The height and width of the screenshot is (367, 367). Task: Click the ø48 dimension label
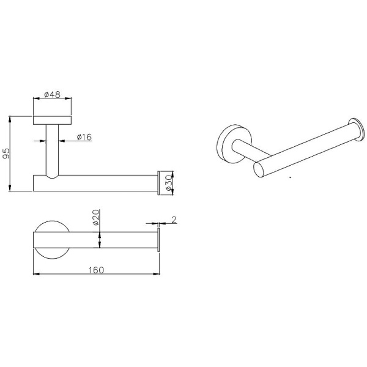pos(52,94)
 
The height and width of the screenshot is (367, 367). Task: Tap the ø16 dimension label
pos(84,137)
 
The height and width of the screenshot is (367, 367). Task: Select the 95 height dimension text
pos(6,154)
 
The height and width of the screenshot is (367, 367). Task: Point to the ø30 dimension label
pos(169,183)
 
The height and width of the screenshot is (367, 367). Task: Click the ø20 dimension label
pos(96,217)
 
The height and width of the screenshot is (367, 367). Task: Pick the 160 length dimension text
pos(96,270)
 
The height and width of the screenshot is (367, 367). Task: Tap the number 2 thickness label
pos(174,220)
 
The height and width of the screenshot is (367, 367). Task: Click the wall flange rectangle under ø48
pos(52,120)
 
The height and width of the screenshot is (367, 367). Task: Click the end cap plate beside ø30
pos(158,183)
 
